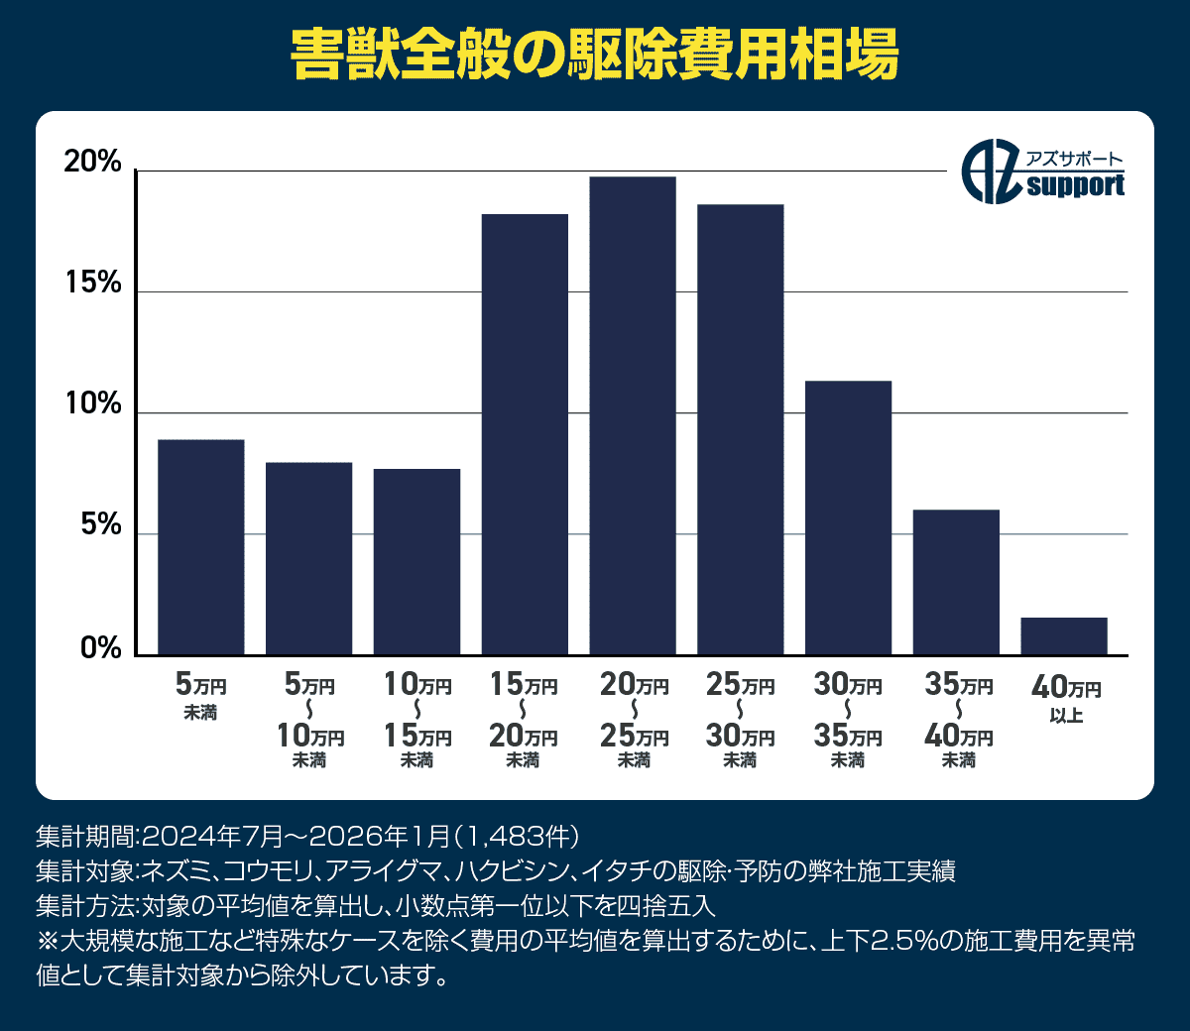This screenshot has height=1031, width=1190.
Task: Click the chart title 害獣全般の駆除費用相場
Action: pyautogui.click(x=595, y=56)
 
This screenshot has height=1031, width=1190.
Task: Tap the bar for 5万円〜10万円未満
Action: pyautogui.click(x=308, y=558)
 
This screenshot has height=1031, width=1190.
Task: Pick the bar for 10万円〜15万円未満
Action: pyautogui.click(x=416, y=561)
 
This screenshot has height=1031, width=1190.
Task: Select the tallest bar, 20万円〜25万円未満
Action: pyautogui.click(x=633, y=415)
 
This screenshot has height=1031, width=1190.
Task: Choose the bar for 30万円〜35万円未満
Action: pyautogui.click(x=848, y=517)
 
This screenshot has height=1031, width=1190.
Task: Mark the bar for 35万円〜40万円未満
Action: pyautogui.click(x=956, y=582)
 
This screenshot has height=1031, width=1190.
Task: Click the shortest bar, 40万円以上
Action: pyautogui.click(x=1064, y=636)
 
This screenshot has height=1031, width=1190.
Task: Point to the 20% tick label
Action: pyautogui.click(x=92, y=164)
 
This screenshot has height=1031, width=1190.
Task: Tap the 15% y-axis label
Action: pyautogui.click(x=92, y=285)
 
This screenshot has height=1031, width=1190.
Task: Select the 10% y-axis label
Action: pyautogui.click(x=92, y=405)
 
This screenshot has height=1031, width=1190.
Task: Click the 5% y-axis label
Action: pyautogui.click(x=100, y=526)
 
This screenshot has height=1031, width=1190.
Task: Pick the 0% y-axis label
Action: pyautogui.click(x=100, y=648)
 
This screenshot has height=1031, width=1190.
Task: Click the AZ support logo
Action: pyautogui.click(x=1043, y=173)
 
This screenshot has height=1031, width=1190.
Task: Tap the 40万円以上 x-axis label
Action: pyautogui.click(x=1066, y=698)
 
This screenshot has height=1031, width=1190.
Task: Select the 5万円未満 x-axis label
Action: pyautogui.click(x=201, y=696)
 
